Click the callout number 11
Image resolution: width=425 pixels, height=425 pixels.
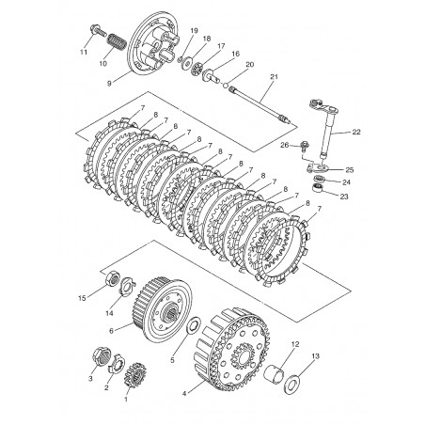click(84, 53)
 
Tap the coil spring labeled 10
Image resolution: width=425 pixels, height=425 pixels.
click(117, 41)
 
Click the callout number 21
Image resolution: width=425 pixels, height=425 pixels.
click(274, 77)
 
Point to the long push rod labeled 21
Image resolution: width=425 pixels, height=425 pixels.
click(260, 104)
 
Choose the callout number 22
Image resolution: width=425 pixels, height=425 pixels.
click(356, 132)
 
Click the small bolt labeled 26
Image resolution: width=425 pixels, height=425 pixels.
click(305, 146)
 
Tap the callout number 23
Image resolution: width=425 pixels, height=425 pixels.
click(344, 197)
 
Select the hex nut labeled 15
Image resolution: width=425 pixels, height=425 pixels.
click(112, 277)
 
